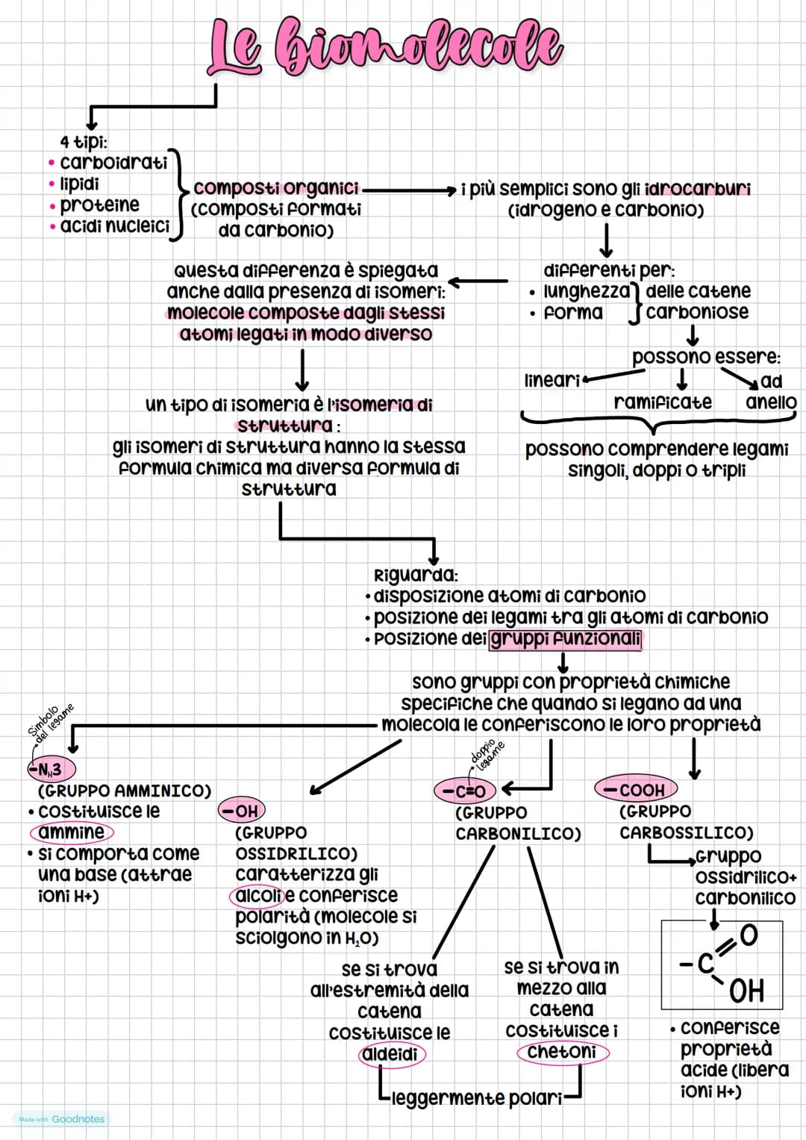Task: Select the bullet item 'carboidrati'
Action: coord(113,163)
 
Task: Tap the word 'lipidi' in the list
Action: coord(79,184)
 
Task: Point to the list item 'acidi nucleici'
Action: coord(114,226)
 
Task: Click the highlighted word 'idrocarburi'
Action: coord(698,189)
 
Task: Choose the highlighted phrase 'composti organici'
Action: coord(276,188)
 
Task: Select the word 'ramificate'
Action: coord(663,402)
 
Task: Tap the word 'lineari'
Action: coord(552,380)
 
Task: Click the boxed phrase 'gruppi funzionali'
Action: coord(566,639)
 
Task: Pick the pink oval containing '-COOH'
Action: coord(636,789)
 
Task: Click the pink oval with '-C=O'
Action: coord(465,791)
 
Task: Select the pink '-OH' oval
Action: coord(242,811)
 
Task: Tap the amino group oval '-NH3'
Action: coord(51,770)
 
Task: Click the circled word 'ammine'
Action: coord(72,832)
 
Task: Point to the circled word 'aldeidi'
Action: coord(392,1054)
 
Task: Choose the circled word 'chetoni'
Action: coord(563,1052)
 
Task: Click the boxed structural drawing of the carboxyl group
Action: coord(722,965)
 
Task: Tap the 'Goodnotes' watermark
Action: coord(78,1119)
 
